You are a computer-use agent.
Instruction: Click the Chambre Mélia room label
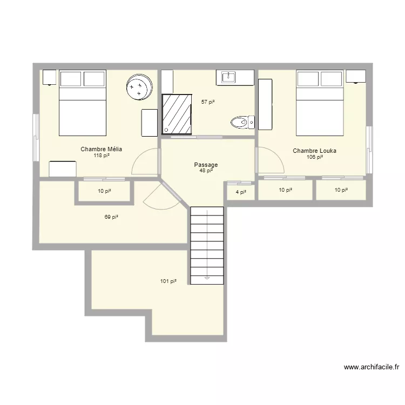[x=101, y=149]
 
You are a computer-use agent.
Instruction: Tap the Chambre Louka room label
[x=314, y=151]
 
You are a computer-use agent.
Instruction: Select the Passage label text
[x=206, y=165]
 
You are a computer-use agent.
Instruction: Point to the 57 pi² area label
[x=208, y=102]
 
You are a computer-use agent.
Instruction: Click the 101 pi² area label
[x=168, y=281]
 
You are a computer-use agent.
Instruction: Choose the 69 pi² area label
[x=111, y=217]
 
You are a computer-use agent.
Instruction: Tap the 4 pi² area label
[x=241, y=191]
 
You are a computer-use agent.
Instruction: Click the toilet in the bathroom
[x=241, y=123]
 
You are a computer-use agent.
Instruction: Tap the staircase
[x=207, y=246]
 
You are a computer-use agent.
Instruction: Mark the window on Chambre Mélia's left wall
[x=36, y=137]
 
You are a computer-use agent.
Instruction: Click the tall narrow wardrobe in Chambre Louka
[x=265, y=104]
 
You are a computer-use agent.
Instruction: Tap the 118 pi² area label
[x=101, y=156]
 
